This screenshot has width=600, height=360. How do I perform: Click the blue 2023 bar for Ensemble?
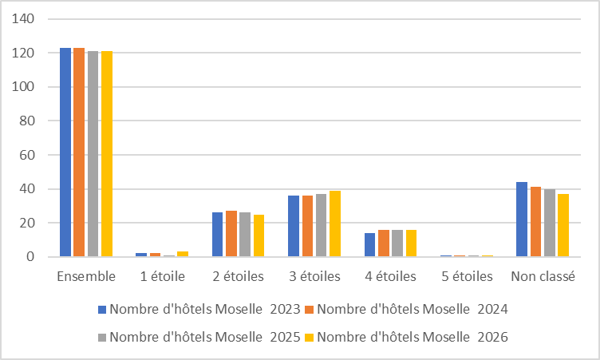65,152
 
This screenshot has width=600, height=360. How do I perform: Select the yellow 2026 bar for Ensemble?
107,154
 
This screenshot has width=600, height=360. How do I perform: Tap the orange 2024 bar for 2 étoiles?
231,234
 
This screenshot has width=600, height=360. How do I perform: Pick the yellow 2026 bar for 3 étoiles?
334,224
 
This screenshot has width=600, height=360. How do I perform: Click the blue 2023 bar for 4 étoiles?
369,245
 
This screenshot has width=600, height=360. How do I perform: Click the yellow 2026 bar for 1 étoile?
182,254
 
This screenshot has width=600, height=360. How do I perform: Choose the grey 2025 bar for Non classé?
550,223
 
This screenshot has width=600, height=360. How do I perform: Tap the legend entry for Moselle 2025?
199,338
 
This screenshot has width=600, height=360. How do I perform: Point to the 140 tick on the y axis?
24,19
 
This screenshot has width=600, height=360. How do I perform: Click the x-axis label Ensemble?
86,277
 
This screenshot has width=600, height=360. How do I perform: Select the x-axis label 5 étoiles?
467,277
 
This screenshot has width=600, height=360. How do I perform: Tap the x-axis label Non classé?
543,277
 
